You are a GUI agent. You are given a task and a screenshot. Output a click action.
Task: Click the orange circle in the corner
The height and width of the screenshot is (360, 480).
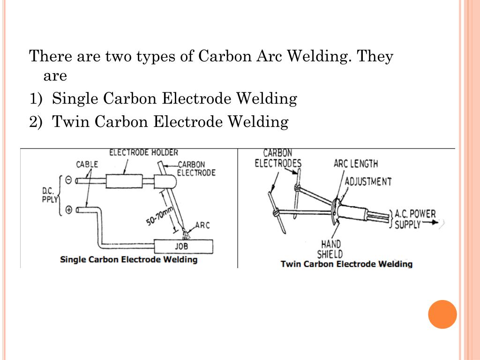(x=442, y=314)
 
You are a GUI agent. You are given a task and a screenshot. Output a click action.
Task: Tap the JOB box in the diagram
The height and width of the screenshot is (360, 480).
(x=184, y=246)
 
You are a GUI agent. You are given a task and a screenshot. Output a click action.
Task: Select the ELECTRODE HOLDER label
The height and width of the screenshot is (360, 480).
(x=143, y=152)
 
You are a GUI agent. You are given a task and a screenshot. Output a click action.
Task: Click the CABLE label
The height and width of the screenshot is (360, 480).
(x=87, y=164)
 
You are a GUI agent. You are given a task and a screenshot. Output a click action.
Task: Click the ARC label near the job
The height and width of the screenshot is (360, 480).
(x=202, y=225)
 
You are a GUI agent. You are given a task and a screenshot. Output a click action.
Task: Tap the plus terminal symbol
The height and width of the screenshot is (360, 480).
(x=68, y=210)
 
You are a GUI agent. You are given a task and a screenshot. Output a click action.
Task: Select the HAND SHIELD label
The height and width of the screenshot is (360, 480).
(x=330, y=249)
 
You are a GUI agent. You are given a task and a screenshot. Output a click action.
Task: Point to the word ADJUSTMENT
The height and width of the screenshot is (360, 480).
(x=368, y=181)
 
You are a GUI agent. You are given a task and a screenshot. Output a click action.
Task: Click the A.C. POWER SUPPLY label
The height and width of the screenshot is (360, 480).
(x=415, y=219)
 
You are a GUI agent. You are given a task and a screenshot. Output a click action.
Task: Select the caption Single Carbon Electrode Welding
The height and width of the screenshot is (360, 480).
(x=128, y=259)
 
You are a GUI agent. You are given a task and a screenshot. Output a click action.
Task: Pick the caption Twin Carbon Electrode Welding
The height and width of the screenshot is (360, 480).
(x=346, y=264)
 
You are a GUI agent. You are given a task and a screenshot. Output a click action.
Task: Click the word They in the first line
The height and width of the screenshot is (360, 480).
(x=375, y=57)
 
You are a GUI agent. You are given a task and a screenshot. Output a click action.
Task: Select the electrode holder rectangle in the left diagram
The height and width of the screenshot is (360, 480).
(x=124, y=181)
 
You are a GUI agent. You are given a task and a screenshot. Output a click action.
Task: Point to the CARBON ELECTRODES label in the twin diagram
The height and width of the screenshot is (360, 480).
(x=278, y=158)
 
